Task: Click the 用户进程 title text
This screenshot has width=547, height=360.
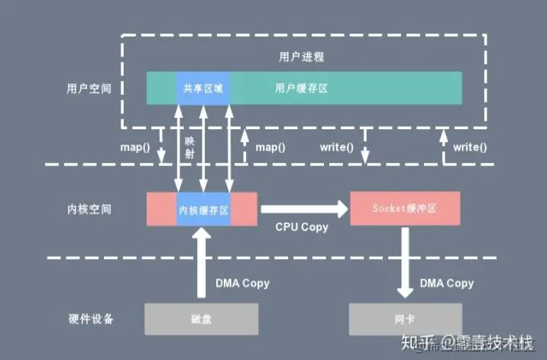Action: point(291,57)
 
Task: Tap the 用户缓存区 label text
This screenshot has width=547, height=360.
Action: point(301,89)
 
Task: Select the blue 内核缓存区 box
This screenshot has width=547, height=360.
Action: point(203,209)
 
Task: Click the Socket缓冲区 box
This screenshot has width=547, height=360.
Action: point(405,209)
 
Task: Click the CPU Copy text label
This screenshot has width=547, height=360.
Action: point(302,227)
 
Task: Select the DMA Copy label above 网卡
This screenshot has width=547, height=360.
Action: point(447,283)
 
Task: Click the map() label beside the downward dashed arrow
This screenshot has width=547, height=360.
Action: point(134,147)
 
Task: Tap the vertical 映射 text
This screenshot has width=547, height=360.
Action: point(190,148)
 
